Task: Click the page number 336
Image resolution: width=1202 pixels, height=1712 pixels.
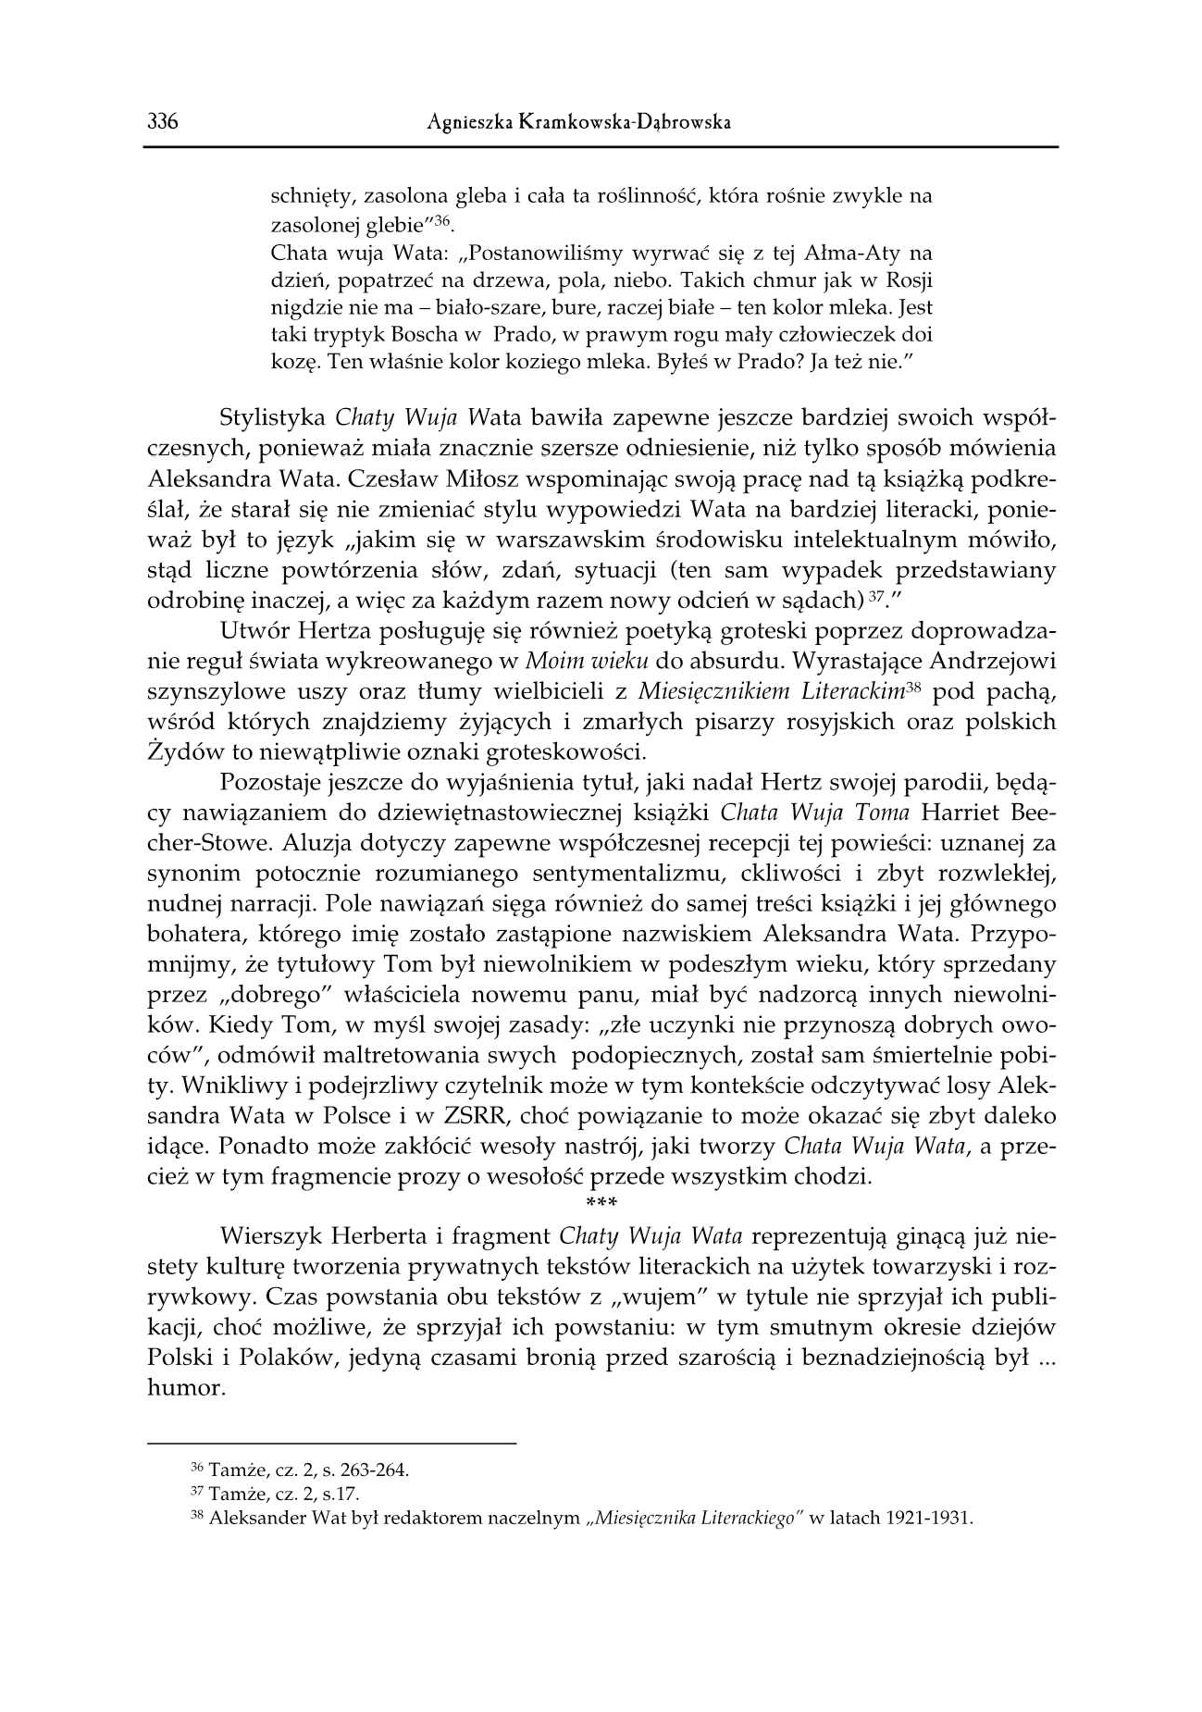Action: (x=161, y=122)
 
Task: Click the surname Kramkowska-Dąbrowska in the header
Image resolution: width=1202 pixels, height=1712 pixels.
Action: (x=621, y=122)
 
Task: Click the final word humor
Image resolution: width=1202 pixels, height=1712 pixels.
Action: (x=186, y=1388)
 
